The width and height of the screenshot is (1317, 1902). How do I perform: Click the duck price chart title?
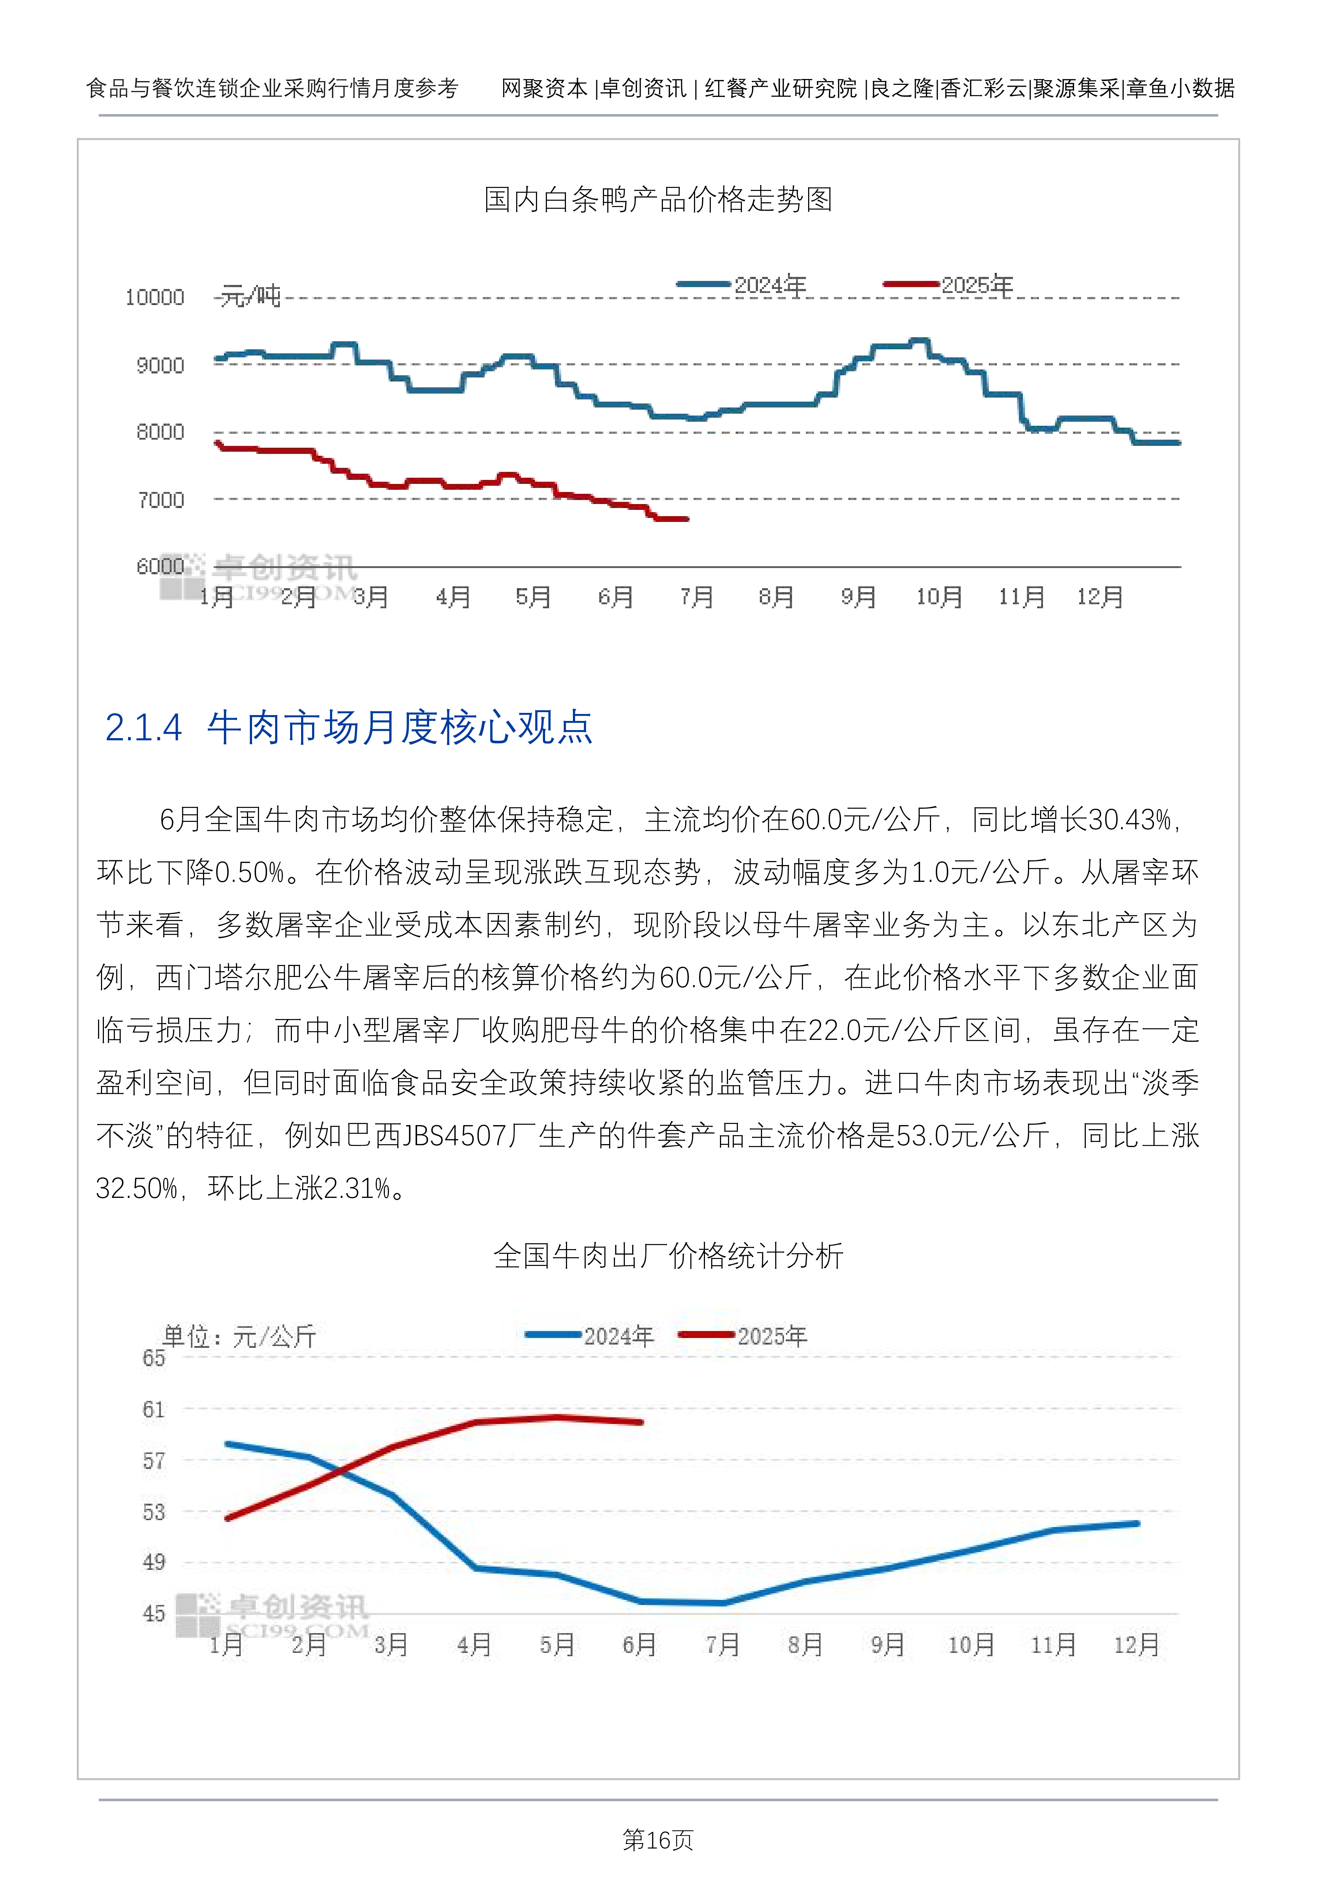click(x=658, y=200)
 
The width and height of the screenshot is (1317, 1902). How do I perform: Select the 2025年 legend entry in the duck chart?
click(x=948, y=285)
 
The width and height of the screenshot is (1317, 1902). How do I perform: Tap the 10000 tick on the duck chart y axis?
click(x=154, y=298)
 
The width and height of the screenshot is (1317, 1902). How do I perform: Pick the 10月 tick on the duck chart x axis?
click(x=939, y=596)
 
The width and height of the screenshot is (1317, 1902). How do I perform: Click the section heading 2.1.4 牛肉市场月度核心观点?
click(x=349, y=728)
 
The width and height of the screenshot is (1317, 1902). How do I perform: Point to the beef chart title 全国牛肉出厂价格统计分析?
click(x=668, y=1256)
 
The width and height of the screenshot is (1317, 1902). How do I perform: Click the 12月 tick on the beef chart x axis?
click(x=1136, y=1644)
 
